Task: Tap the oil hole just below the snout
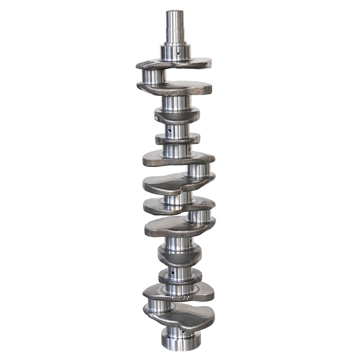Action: click(x=179, y=53)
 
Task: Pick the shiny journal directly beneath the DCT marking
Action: click(x=176, y=103)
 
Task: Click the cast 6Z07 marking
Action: click(x=182, y=297)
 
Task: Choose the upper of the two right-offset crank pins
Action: click(x=198, y=171)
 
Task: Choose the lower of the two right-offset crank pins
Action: click(x=199, y=216)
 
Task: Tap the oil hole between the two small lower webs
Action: click(x=171, y=272)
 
